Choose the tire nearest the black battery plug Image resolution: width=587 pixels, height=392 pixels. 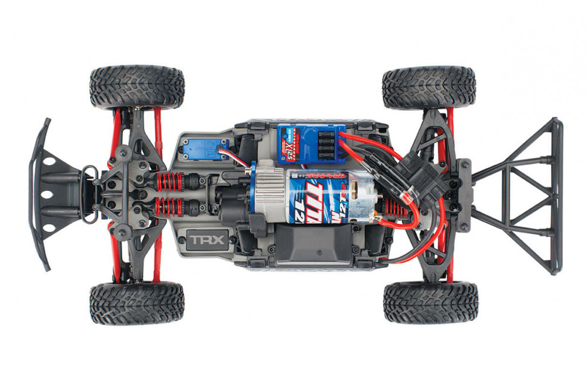[x=428, y=87]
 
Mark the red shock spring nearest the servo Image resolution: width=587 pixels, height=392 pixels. [x=170, y=181]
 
